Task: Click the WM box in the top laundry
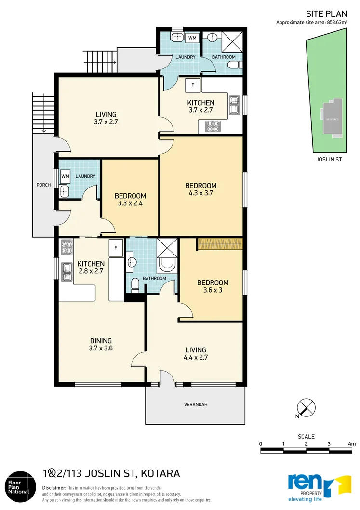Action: click(192, 38)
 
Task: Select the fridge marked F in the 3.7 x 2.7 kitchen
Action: click(193, 85)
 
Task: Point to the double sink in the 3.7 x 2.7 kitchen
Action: click(234, 105)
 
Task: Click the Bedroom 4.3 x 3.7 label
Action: click(201, 189)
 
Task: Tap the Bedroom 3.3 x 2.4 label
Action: click(130, 199)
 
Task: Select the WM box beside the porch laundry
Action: click(65, 177)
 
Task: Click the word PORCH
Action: click(44, 185)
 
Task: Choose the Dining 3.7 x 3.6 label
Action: click(100, 344)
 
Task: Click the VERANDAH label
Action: click(195, 404)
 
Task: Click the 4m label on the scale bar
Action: click(352, 443)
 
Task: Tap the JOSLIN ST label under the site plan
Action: click(328, 159)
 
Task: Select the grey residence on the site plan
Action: click(333, 118)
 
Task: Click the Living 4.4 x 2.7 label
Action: click(195, 353)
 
